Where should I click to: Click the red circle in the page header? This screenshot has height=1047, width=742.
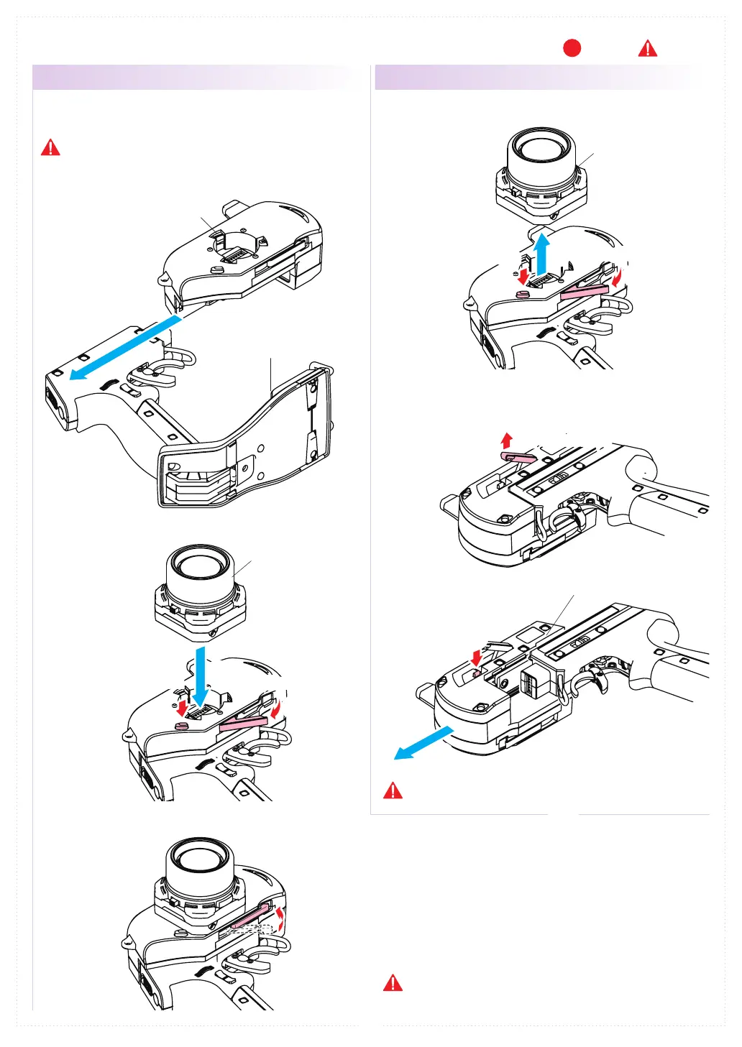click(x=572, y=48)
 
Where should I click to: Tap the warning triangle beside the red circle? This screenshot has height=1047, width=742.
click(x=648, y=49)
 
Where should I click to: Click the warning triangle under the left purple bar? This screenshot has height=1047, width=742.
click(x=50, y=148)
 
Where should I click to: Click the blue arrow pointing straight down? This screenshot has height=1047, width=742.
click(x=200, y=676)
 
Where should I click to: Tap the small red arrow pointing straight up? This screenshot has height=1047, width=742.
click(x=507, y=440)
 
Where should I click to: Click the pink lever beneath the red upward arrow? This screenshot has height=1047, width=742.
click(x=520, y=456)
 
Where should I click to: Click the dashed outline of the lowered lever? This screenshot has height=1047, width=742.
click(x=248, y=930)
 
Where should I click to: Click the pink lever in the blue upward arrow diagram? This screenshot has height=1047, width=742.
click(x=584, y=291)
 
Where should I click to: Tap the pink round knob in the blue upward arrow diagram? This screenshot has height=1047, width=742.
click(x=523, y=294)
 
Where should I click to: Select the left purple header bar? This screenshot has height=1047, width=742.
click(x=194, y=77)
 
